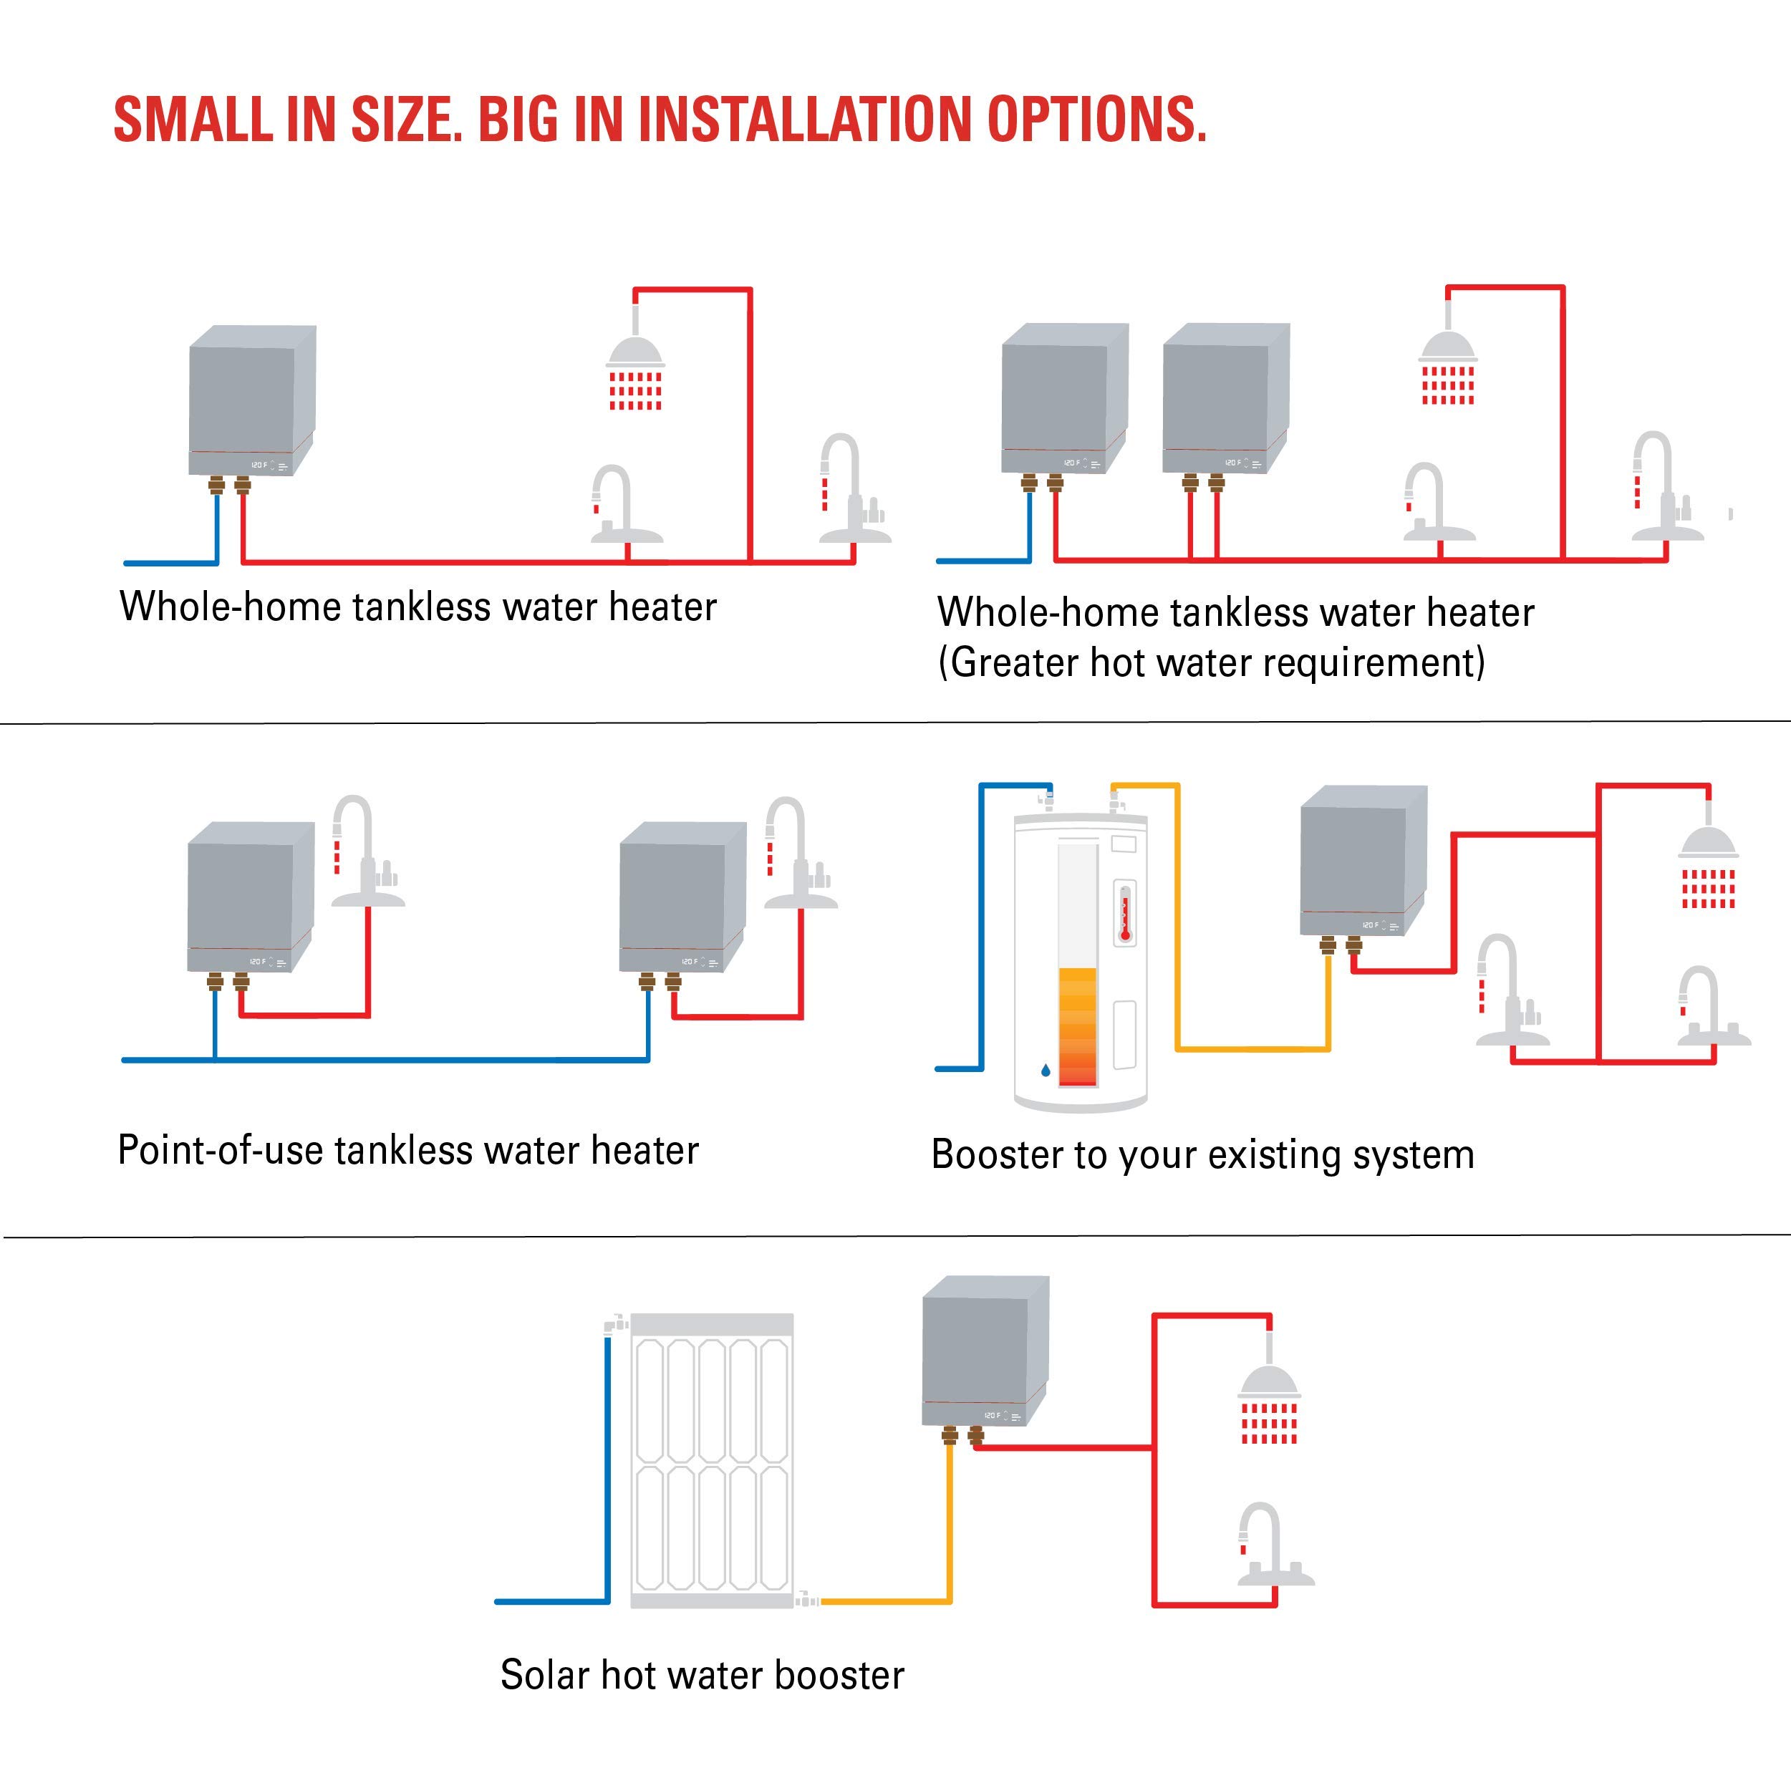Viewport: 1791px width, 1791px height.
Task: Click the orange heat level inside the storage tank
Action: point(1077,1023)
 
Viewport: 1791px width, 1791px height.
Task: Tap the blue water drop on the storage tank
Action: point(1046,1071)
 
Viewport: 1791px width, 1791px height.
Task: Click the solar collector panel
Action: point(712,1459)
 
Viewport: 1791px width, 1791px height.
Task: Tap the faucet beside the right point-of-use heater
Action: point(796,853)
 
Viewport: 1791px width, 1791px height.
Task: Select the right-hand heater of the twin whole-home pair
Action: point(1225,397)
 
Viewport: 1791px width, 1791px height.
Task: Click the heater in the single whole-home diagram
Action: point(252,400)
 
